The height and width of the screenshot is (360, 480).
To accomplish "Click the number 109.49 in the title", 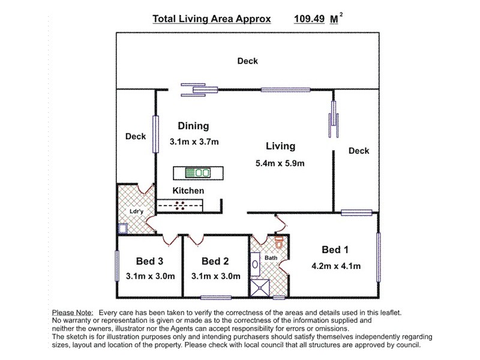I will coord(309,19).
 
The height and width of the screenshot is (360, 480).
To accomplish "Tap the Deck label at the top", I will coord(247,61).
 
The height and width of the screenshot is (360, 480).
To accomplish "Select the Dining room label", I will coord(193,126).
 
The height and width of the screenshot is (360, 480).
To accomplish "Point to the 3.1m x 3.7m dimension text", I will coord(194,142).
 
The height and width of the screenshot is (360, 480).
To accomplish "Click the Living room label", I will coord(281,146).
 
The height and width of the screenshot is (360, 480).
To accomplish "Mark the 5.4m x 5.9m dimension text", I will coord(281,163).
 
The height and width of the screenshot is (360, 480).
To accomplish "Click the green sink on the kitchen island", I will coord(197,173).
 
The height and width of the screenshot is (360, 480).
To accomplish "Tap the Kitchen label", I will coord(188,191).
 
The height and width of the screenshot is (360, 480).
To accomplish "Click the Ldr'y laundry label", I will coord(137,212).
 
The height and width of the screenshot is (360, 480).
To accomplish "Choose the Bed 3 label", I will coord(150,261).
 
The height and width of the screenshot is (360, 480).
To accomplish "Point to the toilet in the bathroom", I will coord(278,244).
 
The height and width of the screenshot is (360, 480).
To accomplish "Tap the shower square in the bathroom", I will coord(260,289).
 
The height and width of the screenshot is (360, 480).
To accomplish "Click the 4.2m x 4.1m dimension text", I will coord(336,266).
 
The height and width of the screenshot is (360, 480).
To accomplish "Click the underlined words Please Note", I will coord(73,313).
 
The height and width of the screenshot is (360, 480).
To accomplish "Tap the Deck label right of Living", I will coord(359,151).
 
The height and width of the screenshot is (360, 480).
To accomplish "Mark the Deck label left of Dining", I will coord(136,137).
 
